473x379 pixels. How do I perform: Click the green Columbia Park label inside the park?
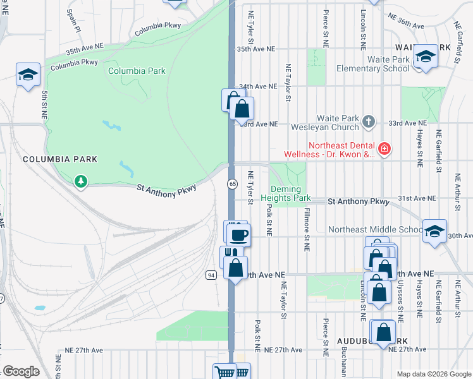coord(137,71)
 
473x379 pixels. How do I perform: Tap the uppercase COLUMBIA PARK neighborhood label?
coord(60,159)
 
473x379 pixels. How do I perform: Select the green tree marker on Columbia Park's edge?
coord(80,182)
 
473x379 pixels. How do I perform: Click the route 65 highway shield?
coord(233,183)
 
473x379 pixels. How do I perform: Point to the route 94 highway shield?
coord(211,275)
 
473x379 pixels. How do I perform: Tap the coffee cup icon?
coord(238,236)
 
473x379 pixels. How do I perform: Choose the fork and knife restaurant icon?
coord(229,254)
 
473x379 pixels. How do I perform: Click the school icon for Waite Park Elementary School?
coord(426,58)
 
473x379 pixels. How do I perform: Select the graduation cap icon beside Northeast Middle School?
coord(435,231)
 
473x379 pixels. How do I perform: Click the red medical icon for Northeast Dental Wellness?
coord(384,149)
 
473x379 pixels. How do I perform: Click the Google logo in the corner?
coord(21,371)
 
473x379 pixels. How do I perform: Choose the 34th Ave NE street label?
coord(258,87)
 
